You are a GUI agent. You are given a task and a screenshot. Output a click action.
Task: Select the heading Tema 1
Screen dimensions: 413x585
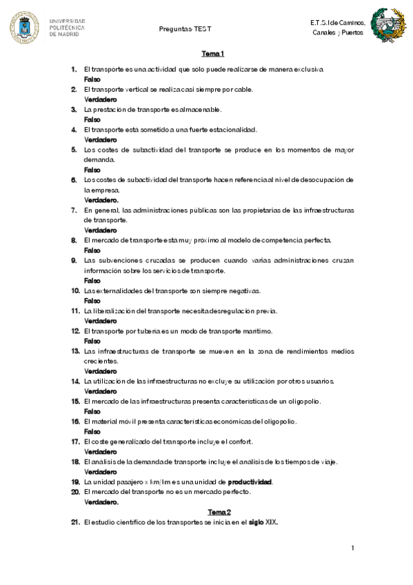click(x=213, y=54)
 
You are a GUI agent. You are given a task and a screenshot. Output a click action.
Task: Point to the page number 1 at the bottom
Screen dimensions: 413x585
click(x=352, y=548)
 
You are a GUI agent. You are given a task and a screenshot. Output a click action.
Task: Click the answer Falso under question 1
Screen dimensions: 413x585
click(x=92, y=79)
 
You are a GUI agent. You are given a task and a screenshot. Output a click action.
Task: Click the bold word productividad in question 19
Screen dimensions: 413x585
click(x=250, y=482)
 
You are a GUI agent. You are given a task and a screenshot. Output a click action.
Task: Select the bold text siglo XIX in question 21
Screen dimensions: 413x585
click(x=263, y=522)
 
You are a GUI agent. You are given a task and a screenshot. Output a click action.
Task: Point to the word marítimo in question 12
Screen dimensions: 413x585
click(x=257, y=330)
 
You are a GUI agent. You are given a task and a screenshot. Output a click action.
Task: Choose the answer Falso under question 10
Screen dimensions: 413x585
click(x=92, y=301)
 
